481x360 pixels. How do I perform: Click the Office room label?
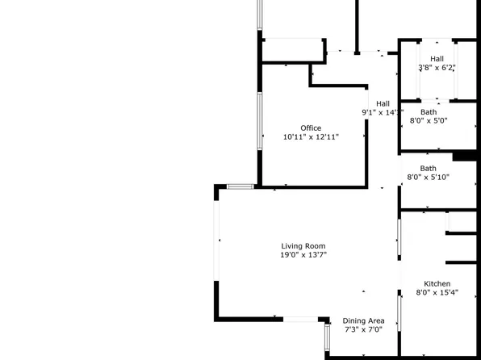tap(311, 128)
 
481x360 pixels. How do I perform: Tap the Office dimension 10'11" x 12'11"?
tap(311, 137)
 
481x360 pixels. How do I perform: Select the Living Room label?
tap(303, 246)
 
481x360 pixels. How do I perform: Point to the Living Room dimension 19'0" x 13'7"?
tap(303, 255)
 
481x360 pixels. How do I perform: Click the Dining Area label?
tap(363, 320)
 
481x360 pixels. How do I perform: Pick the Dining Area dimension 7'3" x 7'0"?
tap(363, 329)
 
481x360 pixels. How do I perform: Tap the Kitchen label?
tap(437, 284)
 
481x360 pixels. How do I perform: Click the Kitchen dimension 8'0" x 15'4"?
tap(437, 293)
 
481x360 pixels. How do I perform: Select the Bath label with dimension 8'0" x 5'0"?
tap(429, 112)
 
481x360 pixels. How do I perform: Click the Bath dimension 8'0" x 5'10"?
tap(428, 178)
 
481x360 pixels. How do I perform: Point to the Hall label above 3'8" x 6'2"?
tap(437, 59)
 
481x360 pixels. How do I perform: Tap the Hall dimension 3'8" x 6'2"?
tap(437, 68)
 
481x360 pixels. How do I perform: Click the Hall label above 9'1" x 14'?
tap(383, 103)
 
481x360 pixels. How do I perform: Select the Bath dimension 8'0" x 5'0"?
tap(429, 121)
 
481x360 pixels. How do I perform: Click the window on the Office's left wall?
tap(259, 120)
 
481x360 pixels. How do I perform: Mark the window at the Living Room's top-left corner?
tap(240, 186)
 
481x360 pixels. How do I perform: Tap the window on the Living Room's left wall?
tap(216, 240)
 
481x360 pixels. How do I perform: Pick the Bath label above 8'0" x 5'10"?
tap(428, 169)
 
